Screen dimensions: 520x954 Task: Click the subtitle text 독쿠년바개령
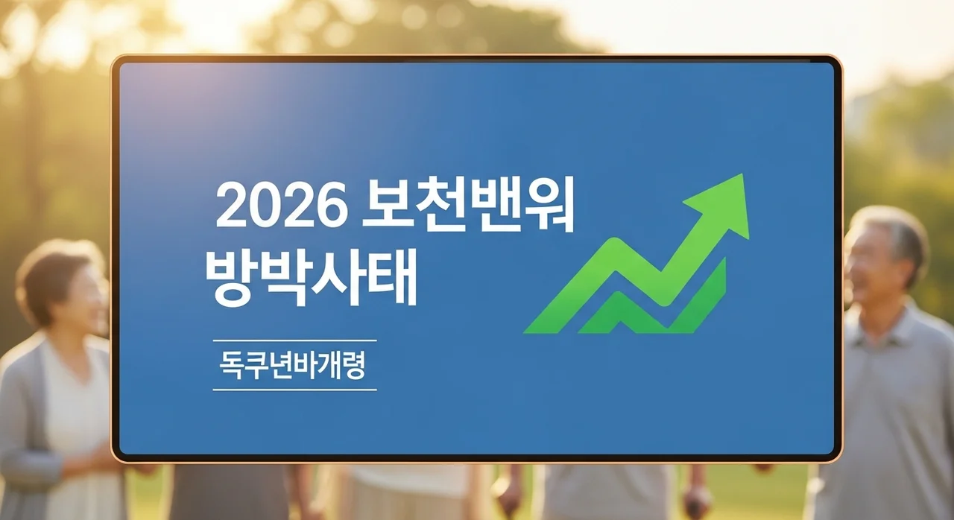pos(293,365)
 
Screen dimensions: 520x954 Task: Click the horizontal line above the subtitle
pos(294,341)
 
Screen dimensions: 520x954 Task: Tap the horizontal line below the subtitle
pos(294,389)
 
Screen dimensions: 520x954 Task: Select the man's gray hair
pos(894,227)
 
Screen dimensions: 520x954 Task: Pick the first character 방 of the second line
pos(231,278)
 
